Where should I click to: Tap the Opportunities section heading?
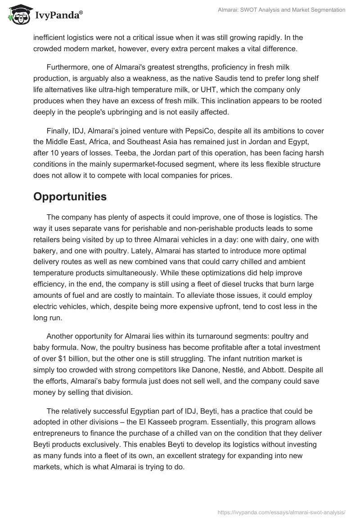coord(70,197)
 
